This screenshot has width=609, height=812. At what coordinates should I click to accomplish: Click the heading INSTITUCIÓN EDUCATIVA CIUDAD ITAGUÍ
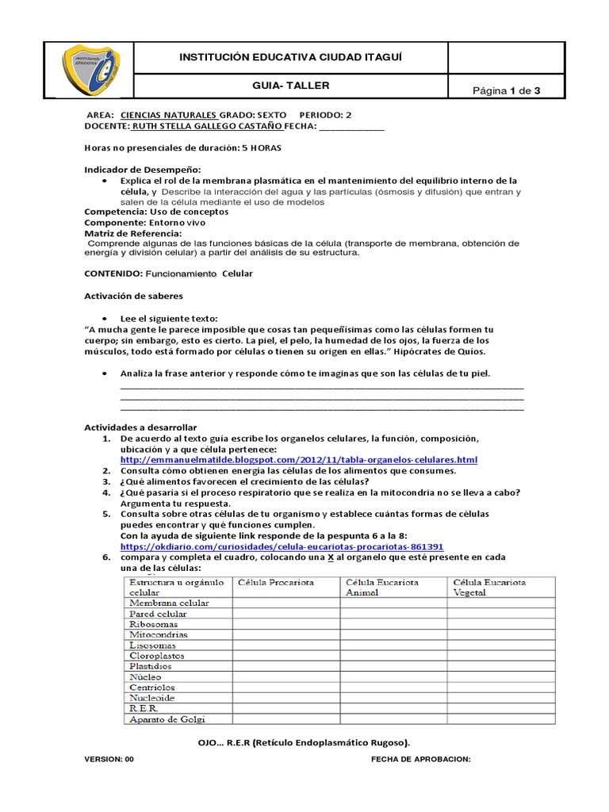290,58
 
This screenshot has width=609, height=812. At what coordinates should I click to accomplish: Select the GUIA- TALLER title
291,86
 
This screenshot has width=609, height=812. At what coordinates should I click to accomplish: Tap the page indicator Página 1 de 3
507,90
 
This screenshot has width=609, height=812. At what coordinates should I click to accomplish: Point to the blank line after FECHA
350,127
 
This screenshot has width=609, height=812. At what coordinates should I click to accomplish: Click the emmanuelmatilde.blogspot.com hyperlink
298,460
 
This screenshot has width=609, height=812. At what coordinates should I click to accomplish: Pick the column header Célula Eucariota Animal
379,588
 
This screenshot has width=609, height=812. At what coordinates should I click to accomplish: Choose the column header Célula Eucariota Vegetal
489,588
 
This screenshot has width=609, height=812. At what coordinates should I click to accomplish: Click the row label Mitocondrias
159,635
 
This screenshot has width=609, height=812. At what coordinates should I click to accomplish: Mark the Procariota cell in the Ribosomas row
286,624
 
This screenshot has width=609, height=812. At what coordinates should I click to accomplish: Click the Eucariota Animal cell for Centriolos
393,688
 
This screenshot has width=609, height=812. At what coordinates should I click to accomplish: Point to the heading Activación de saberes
133,296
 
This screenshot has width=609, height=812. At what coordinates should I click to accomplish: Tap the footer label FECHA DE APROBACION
420,759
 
